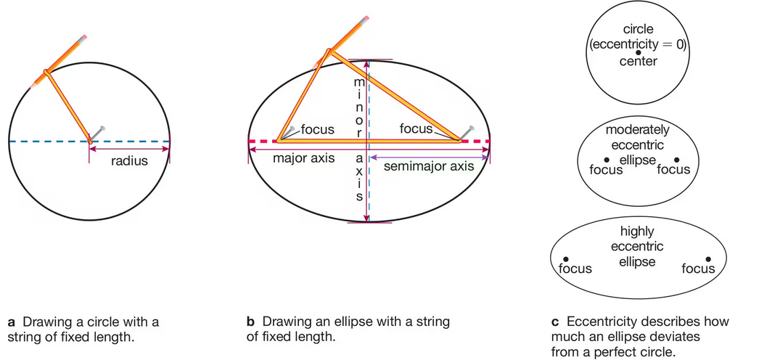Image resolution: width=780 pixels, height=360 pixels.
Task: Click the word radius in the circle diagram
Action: point(129,161)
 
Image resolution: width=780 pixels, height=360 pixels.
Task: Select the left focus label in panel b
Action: point(317,130)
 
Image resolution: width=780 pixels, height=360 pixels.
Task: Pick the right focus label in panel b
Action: point(416,128)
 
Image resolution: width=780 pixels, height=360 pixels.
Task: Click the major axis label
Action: point(303,157)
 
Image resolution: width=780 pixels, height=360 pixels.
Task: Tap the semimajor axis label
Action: point(428,166)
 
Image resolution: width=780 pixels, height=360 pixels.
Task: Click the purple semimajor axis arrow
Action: point(428,155)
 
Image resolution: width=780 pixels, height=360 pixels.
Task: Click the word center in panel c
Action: point(639,62)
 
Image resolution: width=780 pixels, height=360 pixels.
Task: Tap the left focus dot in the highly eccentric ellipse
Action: point(567,259)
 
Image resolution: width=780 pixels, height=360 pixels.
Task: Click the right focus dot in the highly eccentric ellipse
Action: point(709,259)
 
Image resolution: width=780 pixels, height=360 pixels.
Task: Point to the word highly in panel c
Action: point(637,232)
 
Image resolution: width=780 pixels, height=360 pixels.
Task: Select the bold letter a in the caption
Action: point(11,321)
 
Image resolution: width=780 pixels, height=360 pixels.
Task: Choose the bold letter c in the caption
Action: point(555,321)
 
